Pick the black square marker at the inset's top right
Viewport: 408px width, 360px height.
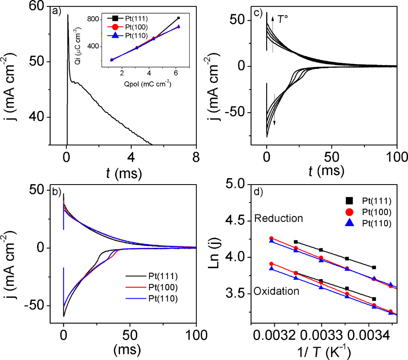pyautogui.click(x=178, y=18)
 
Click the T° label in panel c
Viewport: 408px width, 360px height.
pyautogui.click(x=283, y=19)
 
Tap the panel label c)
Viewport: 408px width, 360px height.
pyautogui.click(x=258, y=14)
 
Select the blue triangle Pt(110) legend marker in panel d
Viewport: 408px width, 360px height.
pyautogui.click(x=351, y=224)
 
